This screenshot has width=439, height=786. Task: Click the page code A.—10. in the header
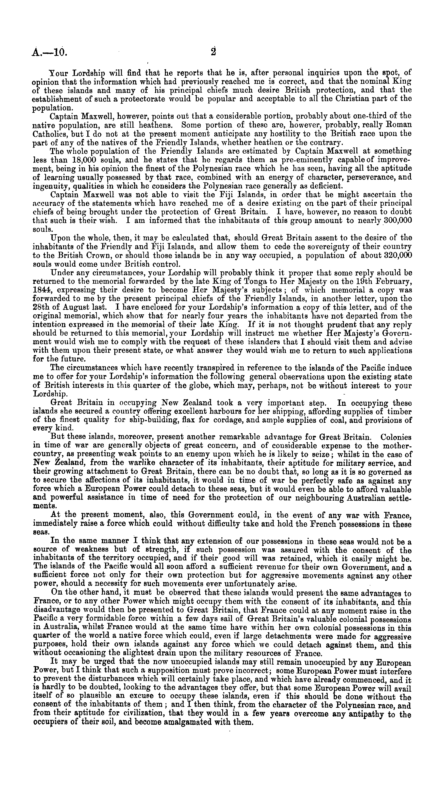[49, 53]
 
